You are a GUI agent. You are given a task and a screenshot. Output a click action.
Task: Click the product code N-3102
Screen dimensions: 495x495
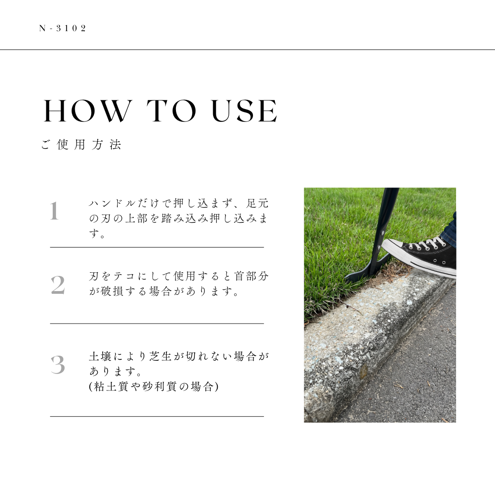point(62,28)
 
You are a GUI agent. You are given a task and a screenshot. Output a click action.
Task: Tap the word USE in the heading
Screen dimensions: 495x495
point(244,111)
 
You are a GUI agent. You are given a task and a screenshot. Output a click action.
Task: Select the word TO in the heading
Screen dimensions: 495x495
point(171,111)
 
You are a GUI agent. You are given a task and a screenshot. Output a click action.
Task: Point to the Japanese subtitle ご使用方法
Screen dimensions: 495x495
point(81,144)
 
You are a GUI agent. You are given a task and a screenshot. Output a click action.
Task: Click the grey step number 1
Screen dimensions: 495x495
point(54,211)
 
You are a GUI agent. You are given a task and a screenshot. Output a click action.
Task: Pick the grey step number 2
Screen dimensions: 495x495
point(58,285)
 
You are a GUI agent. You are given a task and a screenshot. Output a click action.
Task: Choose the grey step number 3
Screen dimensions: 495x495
point(58,365)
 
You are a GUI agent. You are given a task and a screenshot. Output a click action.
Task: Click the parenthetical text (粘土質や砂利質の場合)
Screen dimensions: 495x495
point(154,386)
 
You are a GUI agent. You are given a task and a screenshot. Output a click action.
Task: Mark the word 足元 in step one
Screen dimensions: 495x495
point(257,203)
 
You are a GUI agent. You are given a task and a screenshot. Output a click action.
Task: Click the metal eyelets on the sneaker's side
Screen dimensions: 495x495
point(439,262)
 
